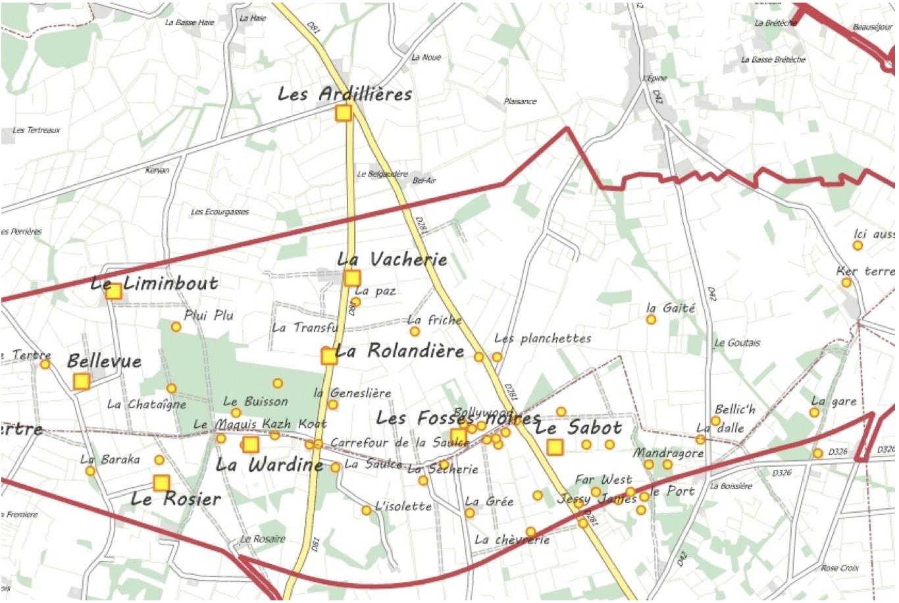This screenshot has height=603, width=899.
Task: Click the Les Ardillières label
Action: [345, 94]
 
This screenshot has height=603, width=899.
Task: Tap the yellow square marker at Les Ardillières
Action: [344, 113]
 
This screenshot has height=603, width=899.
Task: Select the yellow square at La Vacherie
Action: [352, 278]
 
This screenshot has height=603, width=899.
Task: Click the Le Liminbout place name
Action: [155, 284]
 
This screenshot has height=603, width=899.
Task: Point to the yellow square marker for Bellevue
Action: [81, 381]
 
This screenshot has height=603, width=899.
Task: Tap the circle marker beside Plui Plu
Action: [176, 327]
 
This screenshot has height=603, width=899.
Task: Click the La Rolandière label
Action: [399, 351]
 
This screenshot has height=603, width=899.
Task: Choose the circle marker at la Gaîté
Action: [651, 320]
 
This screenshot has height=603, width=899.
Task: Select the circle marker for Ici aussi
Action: [858, 246]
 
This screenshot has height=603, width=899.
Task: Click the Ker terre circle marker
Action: [846, 283]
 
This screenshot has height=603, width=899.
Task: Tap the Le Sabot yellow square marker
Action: [555, 448]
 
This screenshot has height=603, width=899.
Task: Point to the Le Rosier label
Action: [176, 499]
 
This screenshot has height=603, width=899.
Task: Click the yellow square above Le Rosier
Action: [161, 483]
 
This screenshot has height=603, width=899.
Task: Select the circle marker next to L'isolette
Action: [367, 510]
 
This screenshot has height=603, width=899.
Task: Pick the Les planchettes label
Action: [542, 338]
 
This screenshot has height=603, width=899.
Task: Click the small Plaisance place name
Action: [520, 101]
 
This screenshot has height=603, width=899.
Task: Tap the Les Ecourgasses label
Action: [220, 212]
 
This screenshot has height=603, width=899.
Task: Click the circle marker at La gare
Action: [814, 413]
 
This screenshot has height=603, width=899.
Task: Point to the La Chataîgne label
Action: [147, 404]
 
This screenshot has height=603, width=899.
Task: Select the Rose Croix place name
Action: [840, 567]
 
